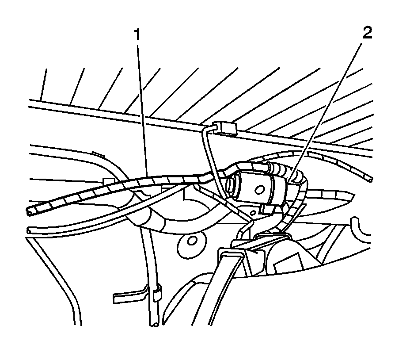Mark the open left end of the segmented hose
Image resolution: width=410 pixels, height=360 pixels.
[x=29, y=212]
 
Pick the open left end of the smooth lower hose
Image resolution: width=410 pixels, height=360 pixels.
[x=29, y=230]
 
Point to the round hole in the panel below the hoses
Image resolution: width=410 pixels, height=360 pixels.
[x=192, y=241]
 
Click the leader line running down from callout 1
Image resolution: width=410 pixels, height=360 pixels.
[x=142, y=111]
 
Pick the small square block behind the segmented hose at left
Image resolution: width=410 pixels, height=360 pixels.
[x=106, y=181]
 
